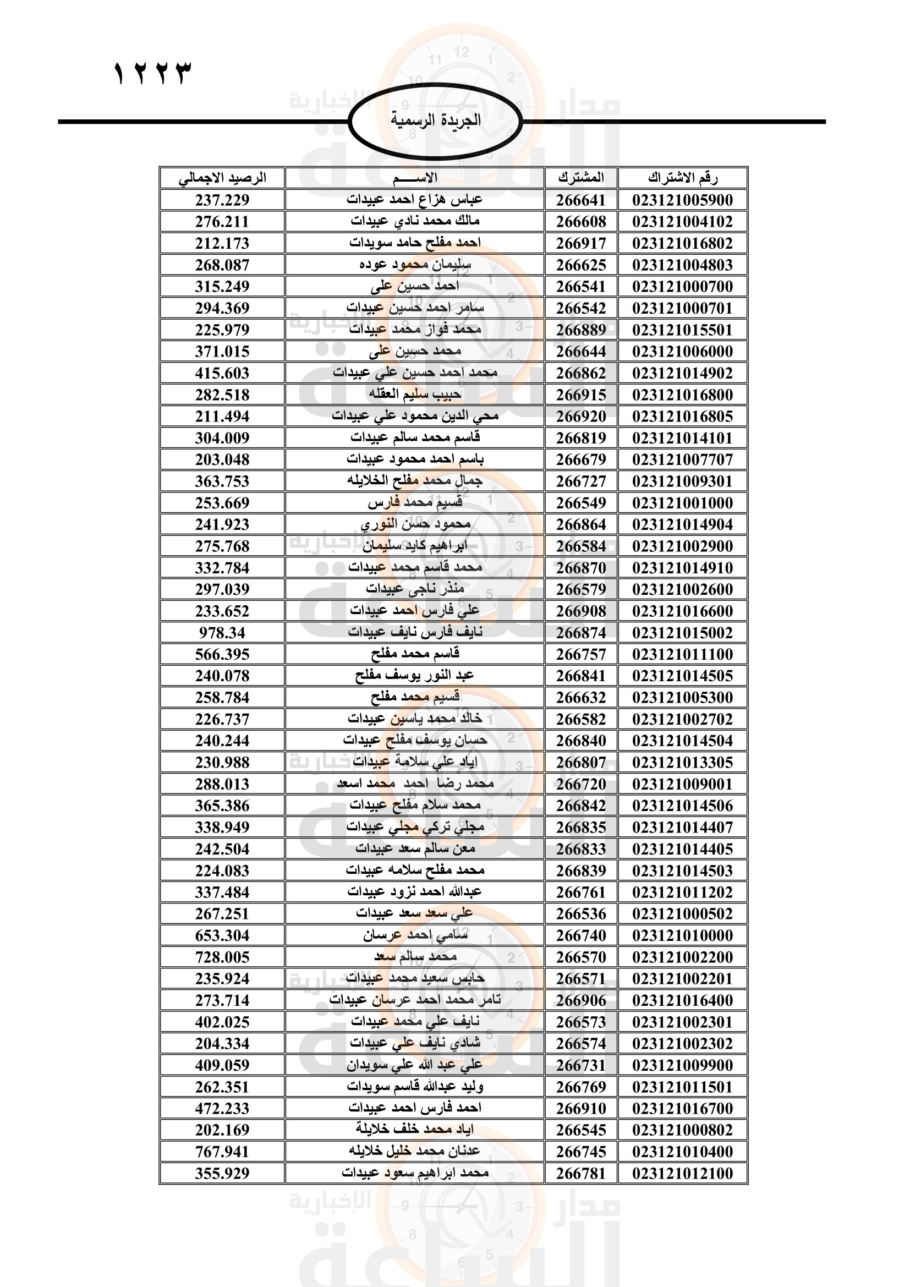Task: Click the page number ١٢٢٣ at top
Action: pyautogui.click(x=152, y=73)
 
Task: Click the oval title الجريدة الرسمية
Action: pyautogui.click(x=435, y=120)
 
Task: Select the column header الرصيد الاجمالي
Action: pyautogui.click(x=222, y=178)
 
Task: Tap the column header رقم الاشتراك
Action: pyautogui.click(x=682, y=178)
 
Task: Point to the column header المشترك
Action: pyautogui.click(x=581, y=178)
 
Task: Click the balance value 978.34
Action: pyautogui.click(x=222, y=633)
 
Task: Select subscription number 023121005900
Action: pyautogui.click(x=682, y=200)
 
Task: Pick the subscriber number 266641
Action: pyautogui.click(x=581, y=200)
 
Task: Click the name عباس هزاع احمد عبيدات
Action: pyautogui.click(x=415, y=200)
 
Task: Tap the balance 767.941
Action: pyautogui.click(x=222, y=1152)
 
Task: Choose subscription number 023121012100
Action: pyautogui.click(x=682, y=1173)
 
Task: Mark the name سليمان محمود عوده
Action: pyautogui.click(x=415, y=265)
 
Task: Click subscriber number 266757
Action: pyautogui.click(x=581, y=654)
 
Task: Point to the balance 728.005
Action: pyautogui.click(x=222, y=957)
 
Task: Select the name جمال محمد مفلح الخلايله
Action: pyautogui.click(x=415, y=481)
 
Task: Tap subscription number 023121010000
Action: pyautogui.click(x=682, y=935)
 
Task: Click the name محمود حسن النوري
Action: pyautogui.click(x=415, y=524)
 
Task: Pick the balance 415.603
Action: pyautogui.click(x=222, y=373)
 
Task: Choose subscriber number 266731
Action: pyautogui.click(x=581, y=1065)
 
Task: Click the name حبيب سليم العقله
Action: pyautogui.click(x=415, y=395)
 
